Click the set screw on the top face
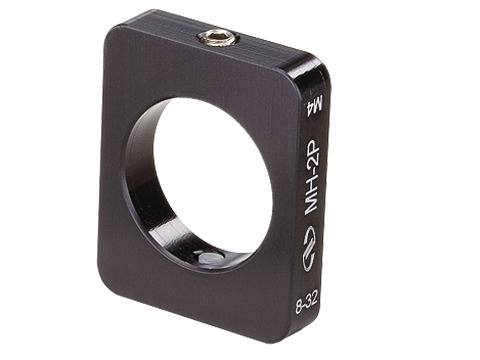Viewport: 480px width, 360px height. (x=217, y=38)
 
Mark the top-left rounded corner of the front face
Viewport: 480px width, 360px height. (x=112, y=35)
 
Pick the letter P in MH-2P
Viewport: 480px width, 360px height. (x=310, y=149)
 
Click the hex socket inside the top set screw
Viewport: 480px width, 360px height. (x=217, y=38)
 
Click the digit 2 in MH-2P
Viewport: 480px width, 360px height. (x=310, y=166)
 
